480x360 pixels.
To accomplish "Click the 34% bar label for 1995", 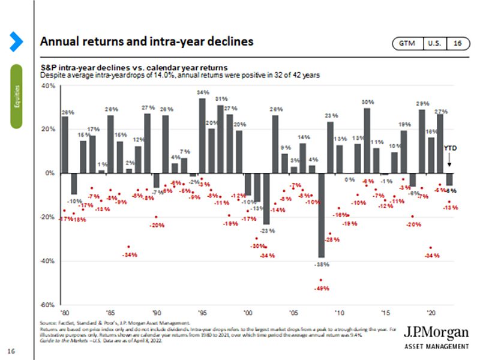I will pyautogui.click(x=203, y=92).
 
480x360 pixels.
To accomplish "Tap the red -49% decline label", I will pyautogui.click(x=321, y=289).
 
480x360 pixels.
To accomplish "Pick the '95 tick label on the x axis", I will pyautogui.click(x=203, y=313).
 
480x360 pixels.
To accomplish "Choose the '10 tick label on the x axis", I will pyautogui.click(x=340, y=313).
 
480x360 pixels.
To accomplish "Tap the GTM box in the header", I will pyautogui.click(x=407, y=43).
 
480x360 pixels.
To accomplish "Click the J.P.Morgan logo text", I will pyautogui.click(x=436, y=332).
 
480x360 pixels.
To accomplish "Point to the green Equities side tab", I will pyautogui.click(x=16, y=96).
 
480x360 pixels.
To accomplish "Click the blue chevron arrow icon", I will pyautogui.click(x=16, y=42).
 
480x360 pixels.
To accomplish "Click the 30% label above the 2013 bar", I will pyautogui.click(x=367, y=102).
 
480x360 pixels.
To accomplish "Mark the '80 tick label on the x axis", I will pyautogui.click(x=64, y=313).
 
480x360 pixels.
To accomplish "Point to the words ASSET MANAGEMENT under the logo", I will pyautogui.click(x=436, y=347).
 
